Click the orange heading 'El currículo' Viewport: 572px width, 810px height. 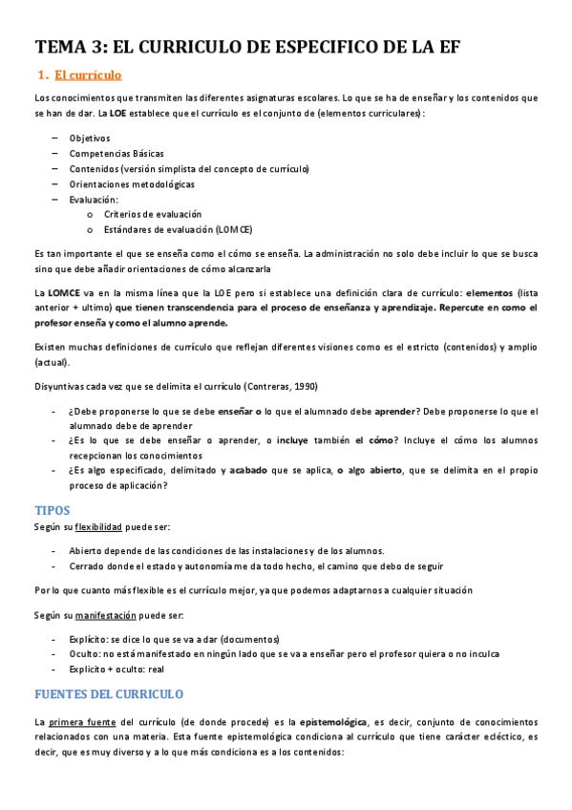point(88,75)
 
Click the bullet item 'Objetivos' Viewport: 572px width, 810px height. point(89,138)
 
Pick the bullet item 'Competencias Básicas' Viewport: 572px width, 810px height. point(116,153)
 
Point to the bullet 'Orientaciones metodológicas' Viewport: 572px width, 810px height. point(131,183)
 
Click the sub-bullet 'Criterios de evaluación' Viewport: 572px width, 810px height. point(153,214)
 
